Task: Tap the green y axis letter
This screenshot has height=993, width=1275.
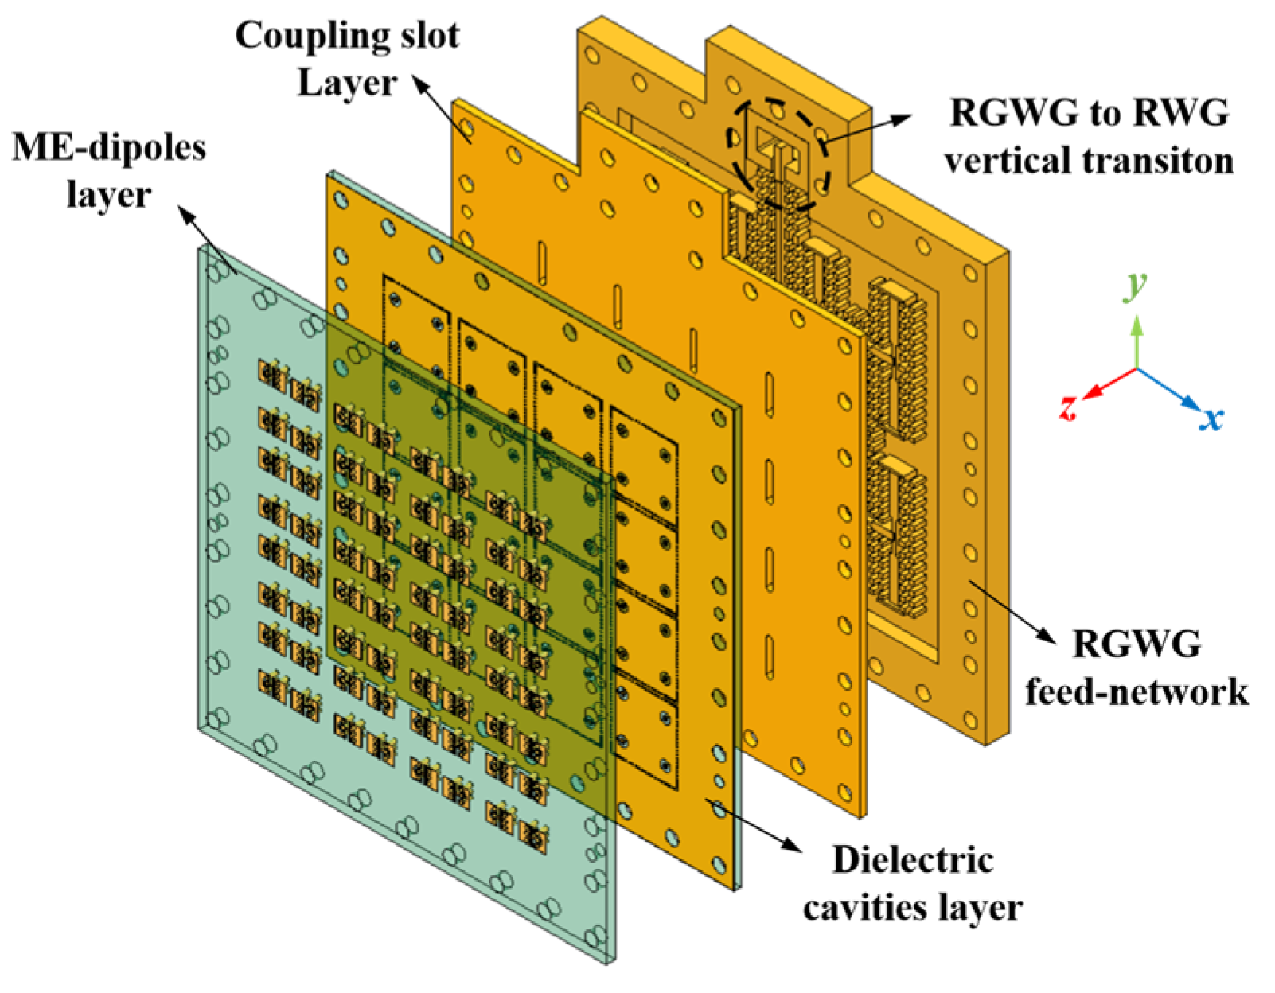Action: coord(1137,284)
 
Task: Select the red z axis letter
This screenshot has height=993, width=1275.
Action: coord(1069,408)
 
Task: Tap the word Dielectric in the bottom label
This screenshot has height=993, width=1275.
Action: coord(913,860)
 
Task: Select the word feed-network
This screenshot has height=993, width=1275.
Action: coord(1136,692)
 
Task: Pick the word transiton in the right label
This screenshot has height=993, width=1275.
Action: coord(1088,162)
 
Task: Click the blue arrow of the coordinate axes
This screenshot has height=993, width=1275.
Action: coord(1170,389)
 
